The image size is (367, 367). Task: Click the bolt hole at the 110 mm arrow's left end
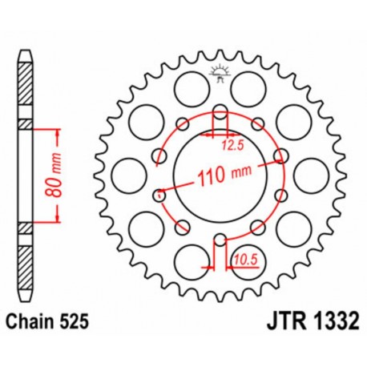pos(159,192)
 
